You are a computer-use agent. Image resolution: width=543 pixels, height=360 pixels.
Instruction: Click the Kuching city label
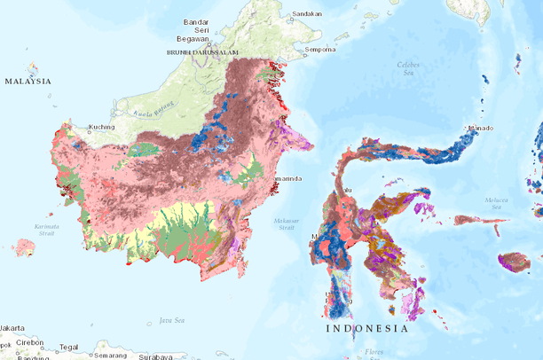pos(101,127)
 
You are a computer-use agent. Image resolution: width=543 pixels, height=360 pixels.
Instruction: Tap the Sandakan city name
pos(306,14)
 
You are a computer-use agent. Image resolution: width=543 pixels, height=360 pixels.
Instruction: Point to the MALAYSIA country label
pos(28,81)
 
